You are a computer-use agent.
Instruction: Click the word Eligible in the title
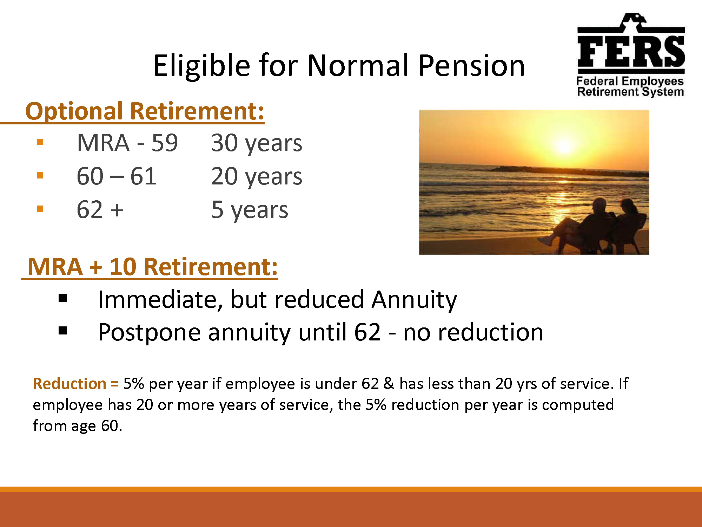coord(202,66)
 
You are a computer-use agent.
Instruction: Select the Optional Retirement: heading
coord(145,111)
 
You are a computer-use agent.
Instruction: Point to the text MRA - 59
coord(127,143)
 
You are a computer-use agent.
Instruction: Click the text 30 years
coord(257,143)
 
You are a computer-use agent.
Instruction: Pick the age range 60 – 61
coord(117,176)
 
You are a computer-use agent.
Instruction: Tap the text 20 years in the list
coord(257,177)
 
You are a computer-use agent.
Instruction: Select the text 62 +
coord(100,209)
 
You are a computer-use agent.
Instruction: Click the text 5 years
coord(250,210)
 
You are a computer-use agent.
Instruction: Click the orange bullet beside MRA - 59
coord(40,142)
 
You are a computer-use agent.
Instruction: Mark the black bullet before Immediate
coord(63,298)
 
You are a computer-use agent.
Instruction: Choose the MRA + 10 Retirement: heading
coord(153,267)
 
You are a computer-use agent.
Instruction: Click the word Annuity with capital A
coord(414,300)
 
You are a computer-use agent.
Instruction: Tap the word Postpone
coord(149,333)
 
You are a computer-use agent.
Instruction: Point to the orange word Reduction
coord(69,383)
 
